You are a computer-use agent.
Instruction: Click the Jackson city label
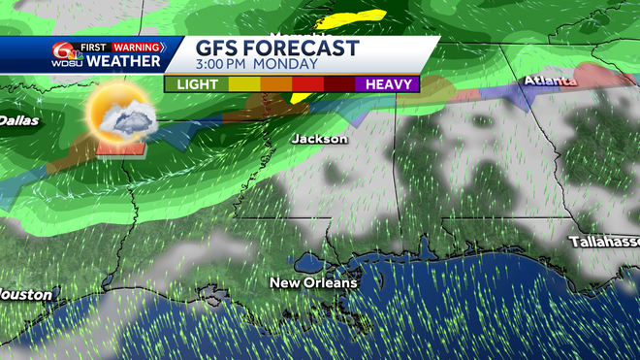319,139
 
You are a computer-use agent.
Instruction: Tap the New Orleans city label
313,283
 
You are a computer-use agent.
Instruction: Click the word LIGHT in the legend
198,84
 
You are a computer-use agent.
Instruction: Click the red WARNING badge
137,46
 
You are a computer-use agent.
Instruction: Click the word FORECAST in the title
302,49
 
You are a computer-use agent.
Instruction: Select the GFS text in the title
218,49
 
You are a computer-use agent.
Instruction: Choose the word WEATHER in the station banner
123,61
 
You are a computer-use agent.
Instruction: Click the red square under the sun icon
120,147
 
